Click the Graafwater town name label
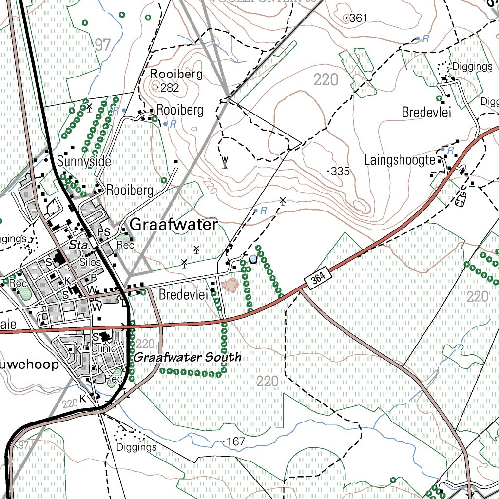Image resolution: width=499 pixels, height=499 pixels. [174, 225]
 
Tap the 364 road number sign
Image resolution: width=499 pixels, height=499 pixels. [316, 279]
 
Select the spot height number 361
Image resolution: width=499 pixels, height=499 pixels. [358, 19]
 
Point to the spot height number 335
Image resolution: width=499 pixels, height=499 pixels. [340, 172]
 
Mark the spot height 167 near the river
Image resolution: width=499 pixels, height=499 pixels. [235, 442]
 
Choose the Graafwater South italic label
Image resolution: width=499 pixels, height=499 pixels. [188, 357]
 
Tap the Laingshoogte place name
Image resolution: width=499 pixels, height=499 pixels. [400, 160]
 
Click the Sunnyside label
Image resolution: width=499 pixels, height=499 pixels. [84, 161]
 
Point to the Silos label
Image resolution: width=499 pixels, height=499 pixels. [91, 262]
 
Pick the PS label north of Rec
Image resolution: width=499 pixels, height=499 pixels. [104, 232]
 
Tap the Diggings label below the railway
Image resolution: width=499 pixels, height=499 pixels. [137, 447]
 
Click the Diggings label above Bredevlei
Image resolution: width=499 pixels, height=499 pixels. [465, 66]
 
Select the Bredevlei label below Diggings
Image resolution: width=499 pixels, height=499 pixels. [426, 113]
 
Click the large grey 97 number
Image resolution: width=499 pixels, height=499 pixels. [103, 45]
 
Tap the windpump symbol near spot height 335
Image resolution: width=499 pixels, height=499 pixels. [225, 162]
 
